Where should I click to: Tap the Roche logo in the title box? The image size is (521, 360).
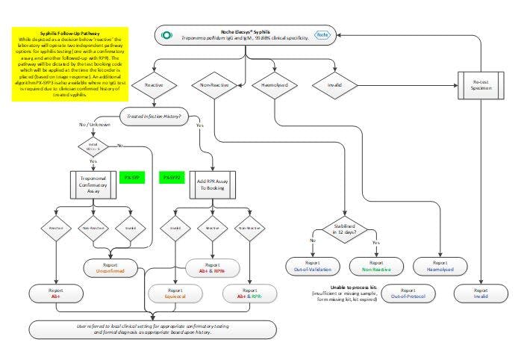321,35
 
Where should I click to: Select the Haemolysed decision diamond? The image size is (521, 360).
276,85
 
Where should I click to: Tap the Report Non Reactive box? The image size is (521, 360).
377,267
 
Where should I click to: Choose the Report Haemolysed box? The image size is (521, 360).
440,267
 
